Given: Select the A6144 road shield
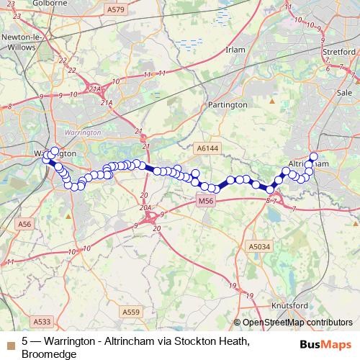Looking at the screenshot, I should point(207,148).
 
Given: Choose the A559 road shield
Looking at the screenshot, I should point(131,312).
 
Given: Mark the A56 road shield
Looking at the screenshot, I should point(25,225).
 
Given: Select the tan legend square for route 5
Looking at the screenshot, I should point(9,342).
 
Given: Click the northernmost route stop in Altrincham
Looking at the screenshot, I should point(313,157).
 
